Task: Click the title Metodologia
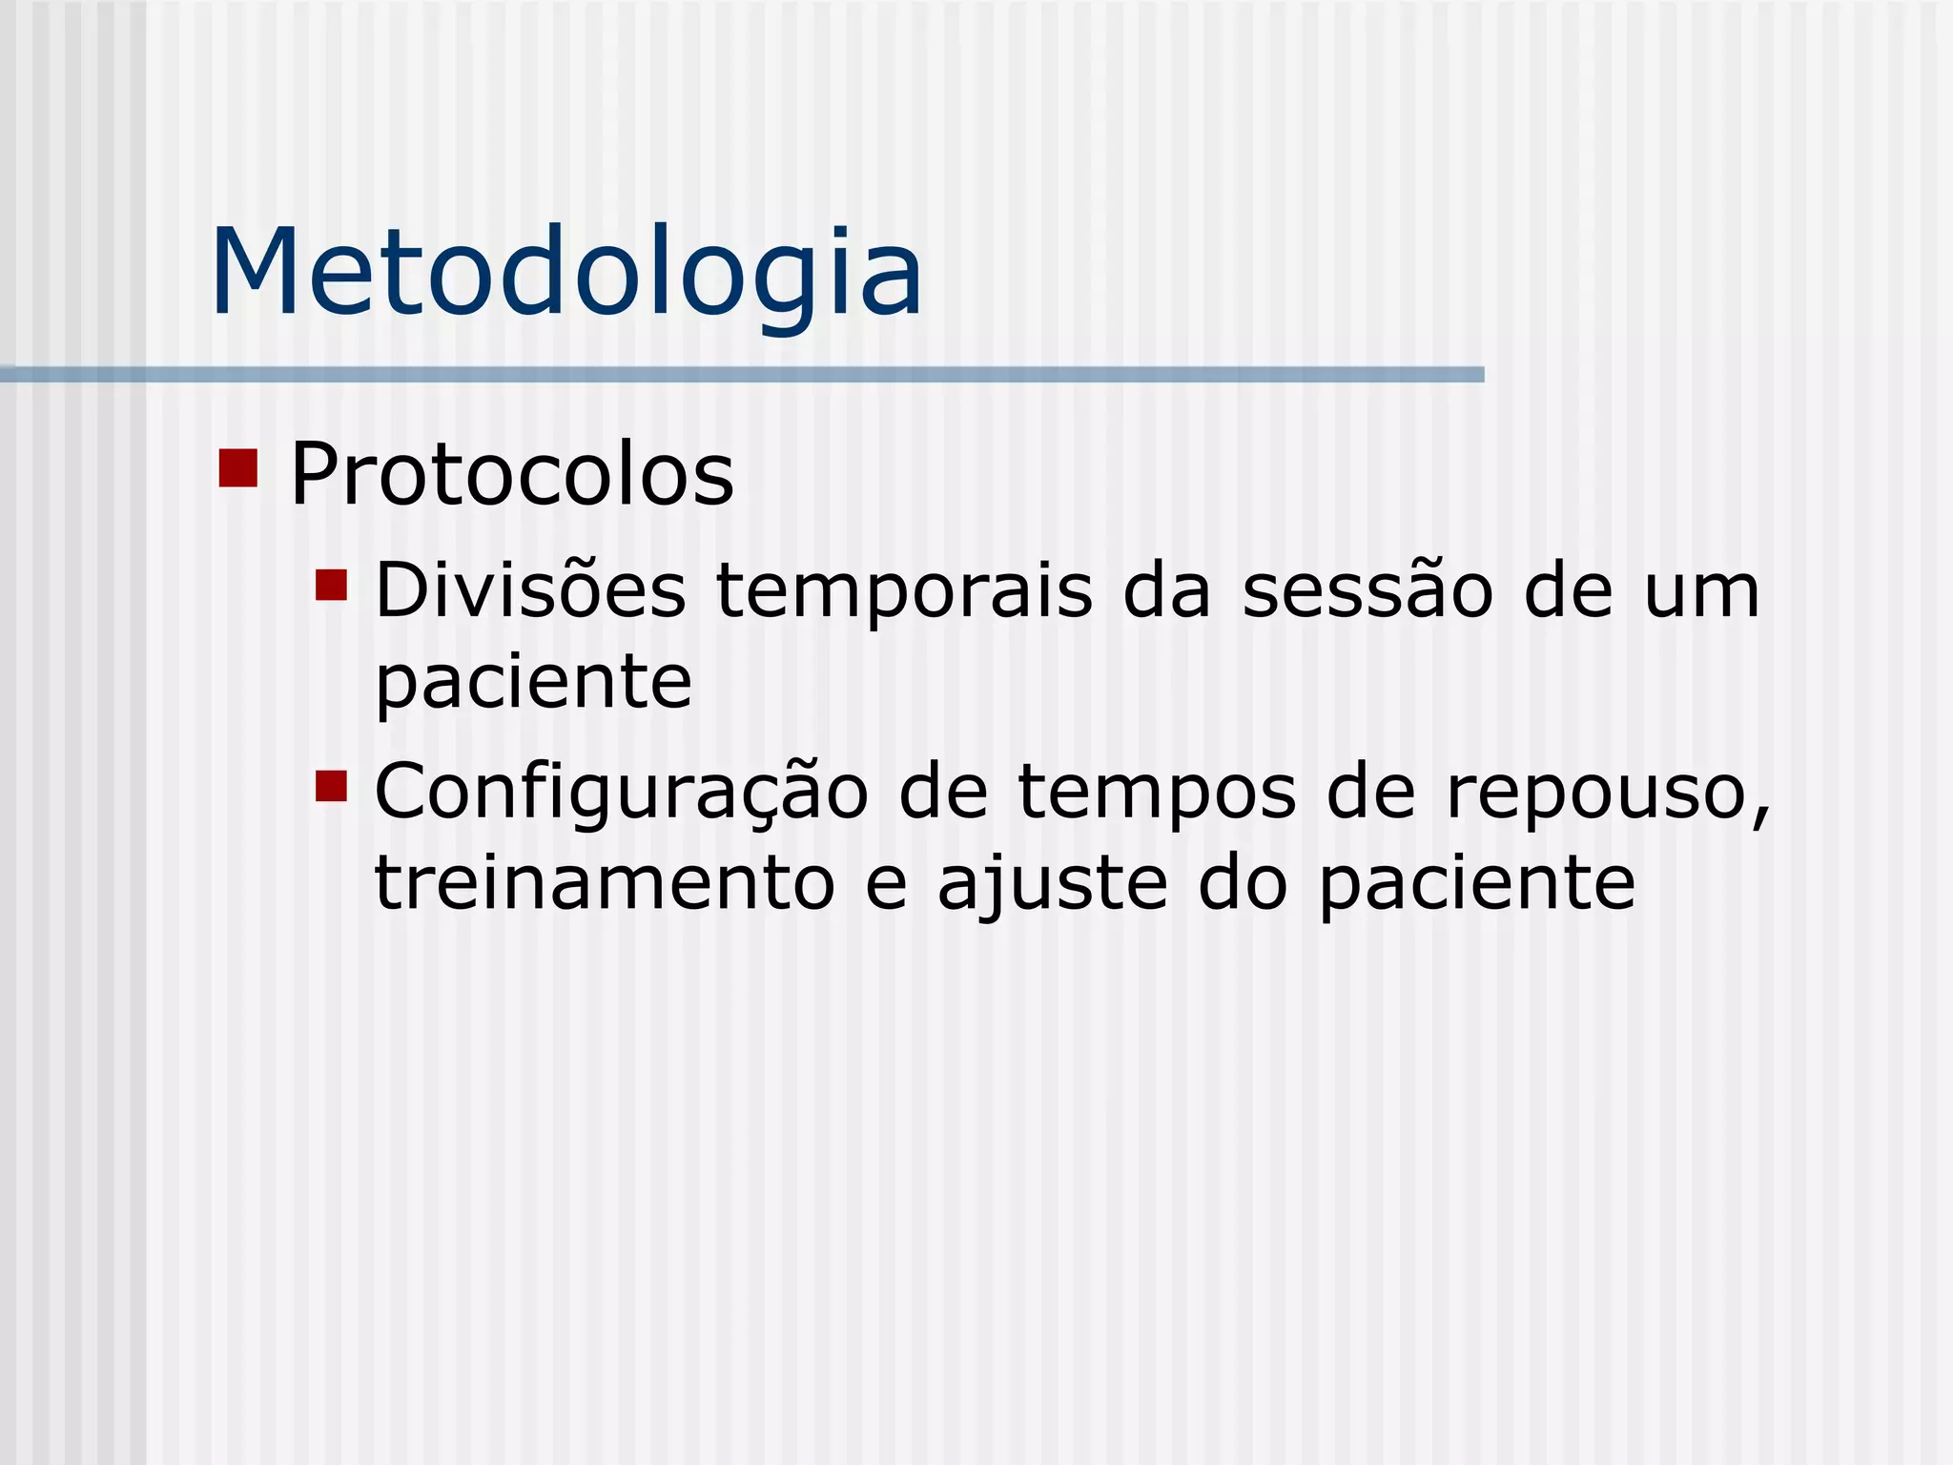(566, 274)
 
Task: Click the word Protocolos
(511, 474)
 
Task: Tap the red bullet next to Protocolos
(238, 467)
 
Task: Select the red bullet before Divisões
(331, 585)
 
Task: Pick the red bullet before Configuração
(331, 787)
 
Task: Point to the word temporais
(903, 592)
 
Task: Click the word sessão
(1367, 590)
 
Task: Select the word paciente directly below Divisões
(533, 684)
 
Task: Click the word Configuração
(621, 794)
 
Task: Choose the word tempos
(1157, 794)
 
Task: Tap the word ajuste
(1052, 885)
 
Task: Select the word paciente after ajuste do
(1477, 885)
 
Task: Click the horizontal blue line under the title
(742, 375)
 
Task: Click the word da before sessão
(1166, 590)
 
